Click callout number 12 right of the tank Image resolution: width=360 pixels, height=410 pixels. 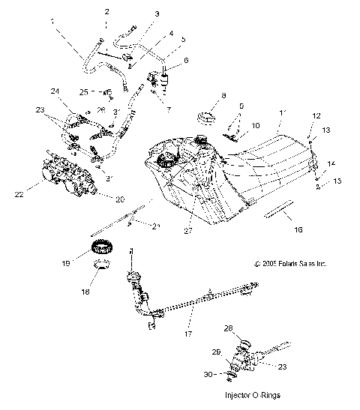(x=315, y=116)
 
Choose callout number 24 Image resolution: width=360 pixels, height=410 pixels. (x=55, y=91)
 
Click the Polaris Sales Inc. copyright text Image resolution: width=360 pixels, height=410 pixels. (x=291, y=264)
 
